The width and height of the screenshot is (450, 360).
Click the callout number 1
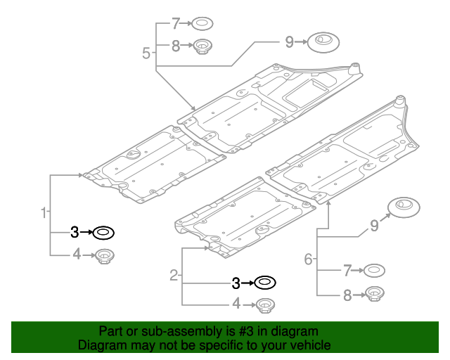pyautogui.click(x=44, y=212)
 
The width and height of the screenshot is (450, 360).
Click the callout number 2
pyautogui.click(x=174, y=276)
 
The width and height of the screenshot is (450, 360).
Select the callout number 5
pyautogui.click(x=146, y=52)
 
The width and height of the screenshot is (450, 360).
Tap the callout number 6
pyautogui.click(x=308, y=259)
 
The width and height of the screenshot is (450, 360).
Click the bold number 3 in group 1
pyautogui.click(x=75, y=231)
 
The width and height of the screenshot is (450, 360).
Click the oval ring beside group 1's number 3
pyautogui.click(x=104, y=231)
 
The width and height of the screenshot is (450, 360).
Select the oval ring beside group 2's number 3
pyautogui.click(x=265, y=283)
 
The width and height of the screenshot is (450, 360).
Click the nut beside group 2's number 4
pyautogui.click(x=264, y=305)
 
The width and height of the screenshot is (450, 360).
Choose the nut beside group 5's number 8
pyautogui.click(x=203, y=48)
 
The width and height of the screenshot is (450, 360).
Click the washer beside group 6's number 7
pyautogui.click(x=373, y=270)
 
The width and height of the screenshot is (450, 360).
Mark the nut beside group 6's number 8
pyautogui.click(x=374, y=295)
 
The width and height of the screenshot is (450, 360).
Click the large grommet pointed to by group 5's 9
pyautogui.click(x=323, y=41)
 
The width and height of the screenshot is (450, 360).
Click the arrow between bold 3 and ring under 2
pyautogui.click(x=247, y=283)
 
